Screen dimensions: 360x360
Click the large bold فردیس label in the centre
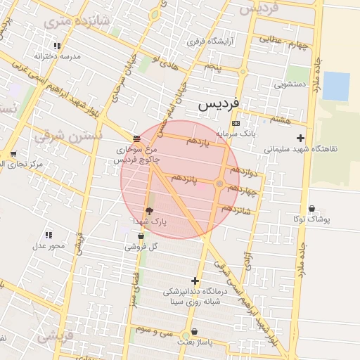pyautogui.click(x=219, y=103)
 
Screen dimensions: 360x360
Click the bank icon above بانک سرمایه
pyautogui.click(x=235, y=123)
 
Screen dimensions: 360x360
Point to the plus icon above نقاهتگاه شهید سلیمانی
pyautogui.click(x=301, y=138)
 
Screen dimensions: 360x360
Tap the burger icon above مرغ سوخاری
pyautogui.click(x=136, y=139)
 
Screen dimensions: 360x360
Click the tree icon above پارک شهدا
pyautogui.click(x=149, y=210)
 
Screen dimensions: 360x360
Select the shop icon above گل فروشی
pyautogui.click(x=141, y=236)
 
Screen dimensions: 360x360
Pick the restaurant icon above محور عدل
pyautogui.click(x=49, y=235)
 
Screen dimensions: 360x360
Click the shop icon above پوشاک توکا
pyautogui.click(x=311, y=208)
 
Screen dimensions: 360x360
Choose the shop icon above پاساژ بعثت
pyautogui.click(x=194, y=330)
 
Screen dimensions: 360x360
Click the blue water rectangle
pyautogui.click(x=336, y=86)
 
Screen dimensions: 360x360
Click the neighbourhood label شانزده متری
pyautogui.click(x=77, y=22)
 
